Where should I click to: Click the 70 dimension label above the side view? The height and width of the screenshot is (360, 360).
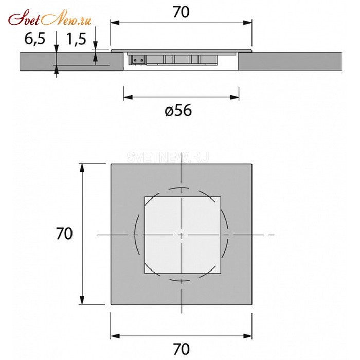coord(181,13)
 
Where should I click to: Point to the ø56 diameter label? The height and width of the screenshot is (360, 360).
coord(178,110)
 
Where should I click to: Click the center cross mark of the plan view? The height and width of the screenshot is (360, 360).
coord(182,235)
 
